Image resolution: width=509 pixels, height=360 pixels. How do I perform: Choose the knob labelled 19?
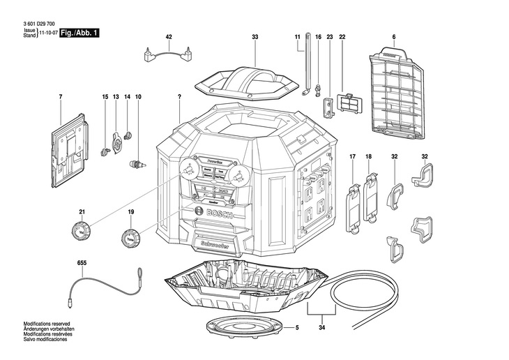130,237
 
